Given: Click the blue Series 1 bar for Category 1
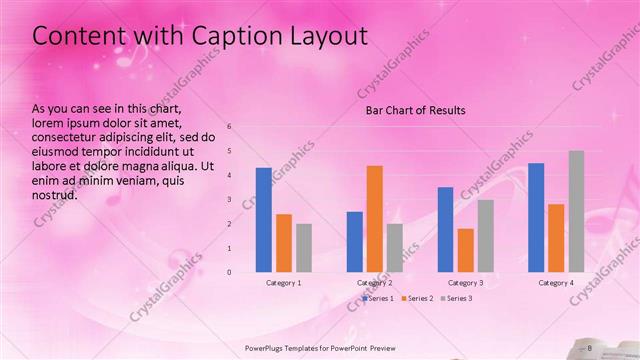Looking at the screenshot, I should pyautogui.click(x=264, y=220).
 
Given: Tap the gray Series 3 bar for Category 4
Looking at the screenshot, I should pyautogui.click(x=576, y=211).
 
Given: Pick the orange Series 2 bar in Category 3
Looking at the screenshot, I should pyautogui.click(x=466, y=250).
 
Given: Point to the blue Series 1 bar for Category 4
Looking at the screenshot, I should pyautogui.click(x=536, y=217).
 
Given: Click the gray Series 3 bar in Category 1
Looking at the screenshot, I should pyautogui.click(x=304, y=248).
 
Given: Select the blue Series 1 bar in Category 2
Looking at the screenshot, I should pyautogui.click(x=355, y=242).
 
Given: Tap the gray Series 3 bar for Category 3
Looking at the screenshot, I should pyautogui.click(x=486, y=236).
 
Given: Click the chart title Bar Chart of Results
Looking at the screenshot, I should pyautogui.click(x=415, y=110).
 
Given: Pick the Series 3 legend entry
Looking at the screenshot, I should pyautogui.click(x=458, y=298).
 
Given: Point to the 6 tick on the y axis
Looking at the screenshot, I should pyautogui.click(x=230, y=127).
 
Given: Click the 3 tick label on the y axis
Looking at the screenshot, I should pyautogui.click(x=230, y=200).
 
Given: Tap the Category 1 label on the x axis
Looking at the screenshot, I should pyautogui.click(x=284, y=283).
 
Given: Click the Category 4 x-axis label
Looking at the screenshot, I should pyautogui.click(x=556, y=283).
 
